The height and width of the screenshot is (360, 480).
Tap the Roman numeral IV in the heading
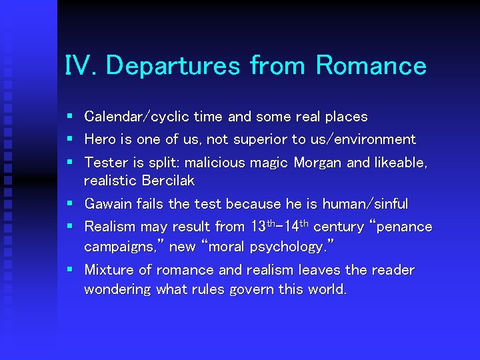tap(81, 67)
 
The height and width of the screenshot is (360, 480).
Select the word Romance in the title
tap(371, 67)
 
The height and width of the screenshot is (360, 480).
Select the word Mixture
tap(108, 271)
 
